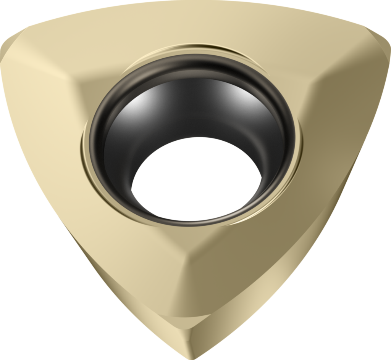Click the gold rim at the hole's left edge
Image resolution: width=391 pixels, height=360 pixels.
click(85, 149)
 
